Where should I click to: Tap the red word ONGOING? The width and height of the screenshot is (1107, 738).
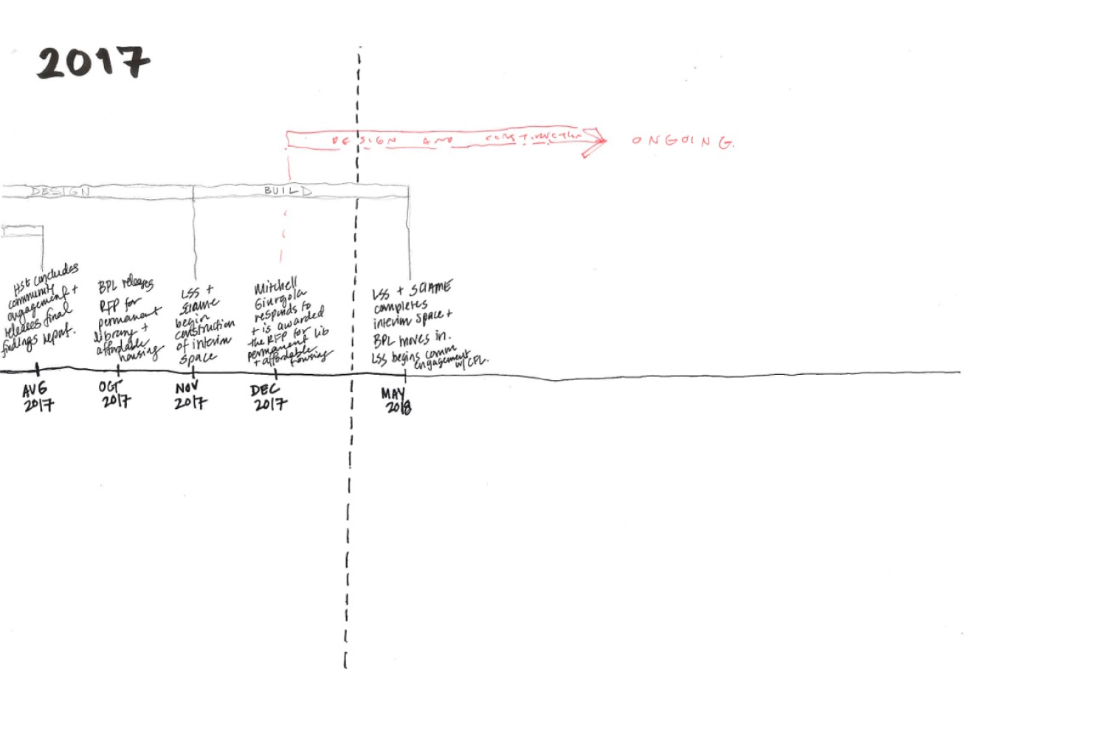point(683,141)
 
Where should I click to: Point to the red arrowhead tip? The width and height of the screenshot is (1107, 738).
point(605,140)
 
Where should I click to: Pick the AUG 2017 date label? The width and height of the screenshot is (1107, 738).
point(37,396)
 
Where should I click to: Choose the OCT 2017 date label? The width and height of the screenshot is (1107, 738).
point(115,393)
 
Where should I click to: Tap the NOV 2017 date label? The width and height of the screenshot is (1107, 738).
point(190,395)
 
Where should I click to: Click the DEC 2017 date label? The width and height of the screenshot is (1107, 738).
point(269,396)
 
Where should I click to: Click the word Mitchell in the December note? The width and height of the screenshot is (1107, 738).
point(275,287)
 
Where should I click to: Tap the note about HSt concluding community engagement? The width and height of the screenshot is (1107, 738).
point(41,310)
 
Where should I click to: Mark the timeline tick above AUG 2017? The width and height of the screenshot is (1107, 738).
point(37,369)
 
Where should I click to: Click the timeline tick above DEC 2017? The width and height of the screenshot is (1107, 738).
point(276,374)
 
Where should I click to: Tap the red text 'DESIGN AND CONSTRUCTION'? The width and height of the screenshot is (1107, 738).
point(458,139)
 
